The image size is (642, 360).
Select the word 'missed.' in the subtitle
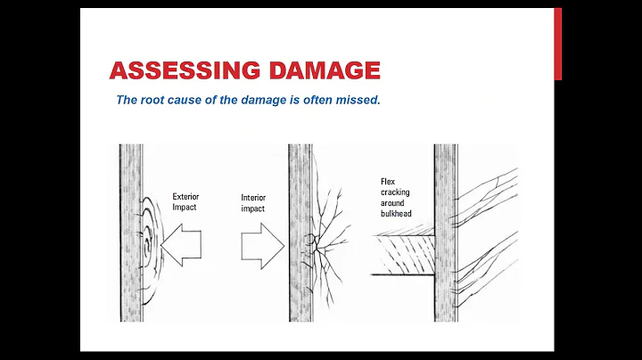click(x=358, y=99)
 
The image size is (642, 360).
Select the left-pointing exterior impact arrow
click(x=183, y=243)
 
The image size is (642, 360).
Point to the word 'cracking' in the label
click(x=395, y=191)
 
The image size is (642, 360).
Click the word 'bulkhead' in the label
click(x=397, y=214)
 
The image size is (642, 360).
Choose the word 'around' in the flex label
click(x=393, y=202)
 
